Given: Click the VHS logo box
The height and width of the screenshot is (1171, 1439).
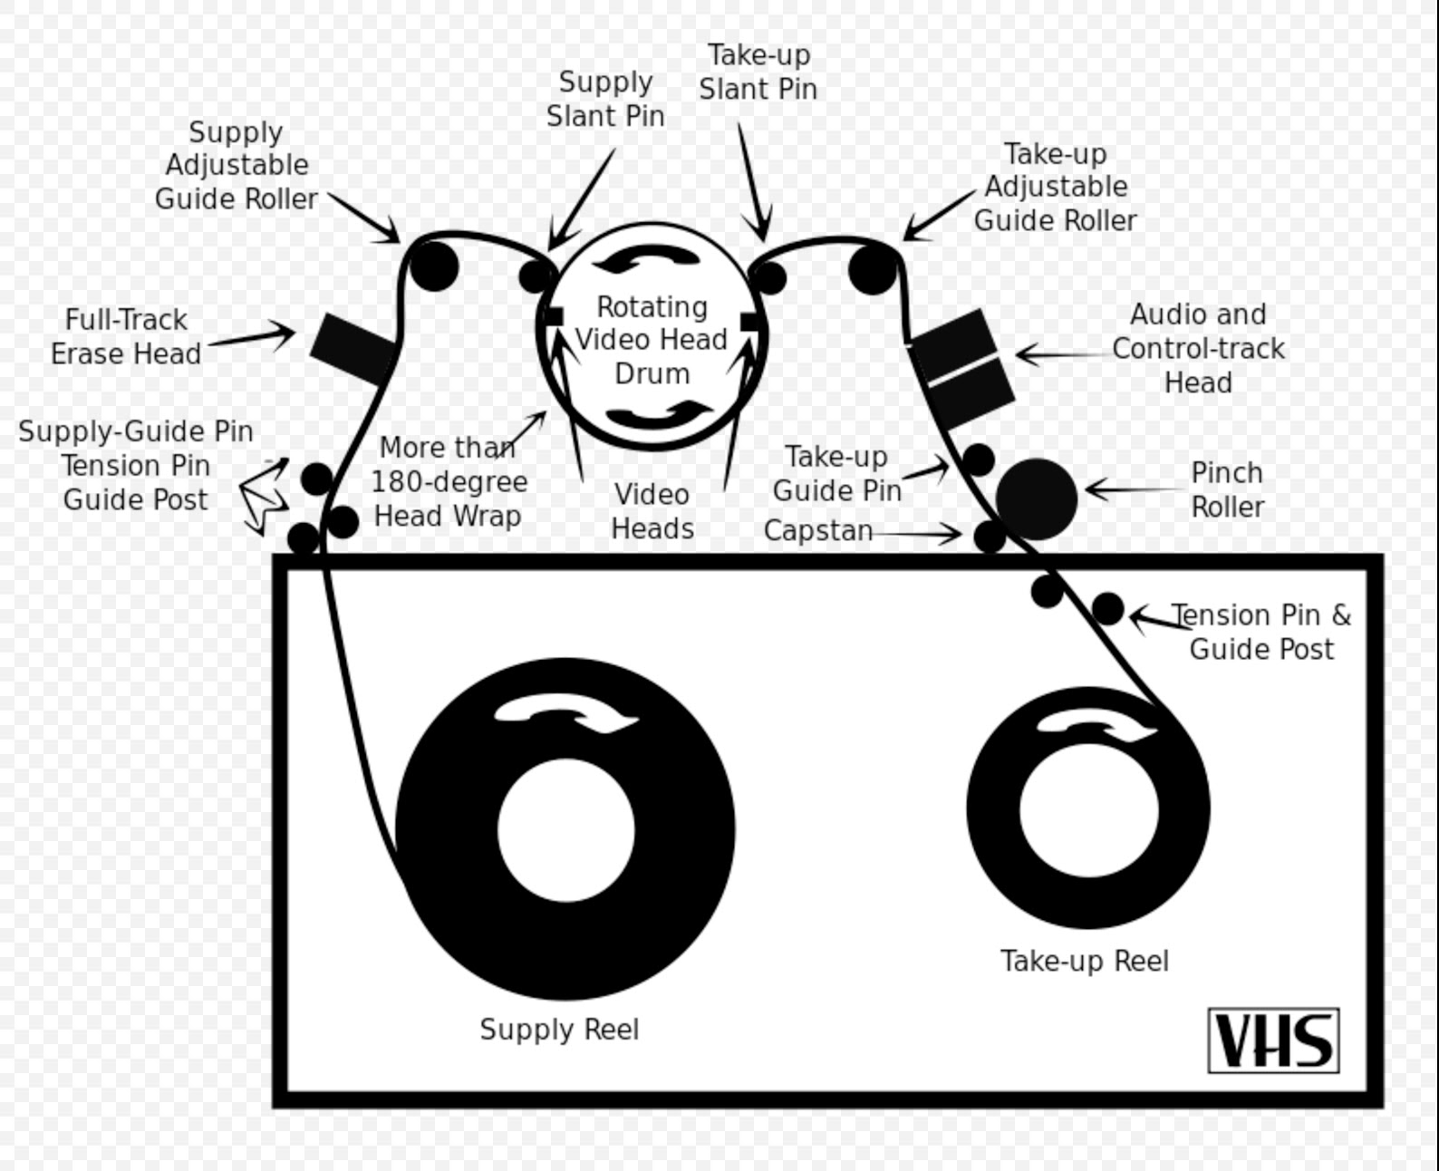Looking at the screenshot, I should pos(1273,1040).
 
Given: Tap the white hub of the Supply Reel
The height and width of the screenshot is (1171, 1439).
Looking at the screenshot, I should pos(565,830).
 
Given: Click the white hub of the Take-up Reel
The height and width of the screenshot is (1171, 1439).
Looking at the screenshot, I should pos(1088,808).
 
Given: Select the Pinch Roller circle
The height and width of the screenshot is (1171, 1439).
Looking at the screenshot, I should pos(1036,498).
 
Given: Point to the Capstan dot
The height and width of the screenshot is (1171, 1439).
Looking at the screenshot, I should pos(990,537).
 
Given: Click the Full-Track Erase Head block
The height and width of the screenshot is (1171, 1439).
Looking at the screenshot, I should pos(353,348).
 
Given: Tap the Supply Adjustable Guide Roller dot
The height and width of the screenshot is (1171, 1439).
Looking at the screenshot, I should pos(434,266).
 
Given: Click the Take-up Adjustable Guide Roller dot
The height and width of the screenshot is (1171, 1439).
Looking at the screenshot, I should pos(872,269).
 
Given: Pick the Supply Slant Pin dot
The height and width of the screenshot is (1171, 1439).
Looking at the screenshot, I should pos(536,276).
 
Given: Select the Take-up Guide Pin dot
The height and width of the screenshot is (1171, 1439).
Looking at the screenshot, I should pos(978,460).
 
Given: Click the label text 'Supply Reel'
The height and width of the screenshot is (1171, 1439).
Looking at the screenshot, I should pos(559,1030).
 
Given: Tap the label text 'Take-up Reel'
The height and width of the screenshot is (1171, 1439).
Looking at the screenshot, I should pos(1084,961).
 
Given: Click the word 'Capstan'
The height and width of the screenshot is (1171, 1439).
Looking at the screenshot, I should pos(817,530).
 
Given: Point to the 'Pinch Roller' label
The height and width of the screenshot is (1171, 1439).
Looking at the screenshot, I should pos(1226,489).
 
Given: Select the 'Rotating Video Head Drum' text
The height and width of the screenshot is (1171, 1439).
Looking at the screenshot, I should pos(652,340).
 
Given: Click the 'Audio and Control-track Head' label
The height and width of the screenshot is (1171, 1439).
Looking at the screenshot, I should pos(1197,348).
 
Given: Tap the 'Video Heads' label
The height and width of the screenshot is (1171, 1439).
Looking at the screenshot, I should pos(652,511).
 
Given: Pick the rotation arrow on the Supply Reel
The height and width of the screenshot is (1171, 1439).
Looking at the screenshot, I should pos(565,712).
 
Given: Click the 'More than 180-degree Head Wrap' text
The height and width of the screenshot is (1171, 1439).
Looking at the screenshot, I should pos(449,481).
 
